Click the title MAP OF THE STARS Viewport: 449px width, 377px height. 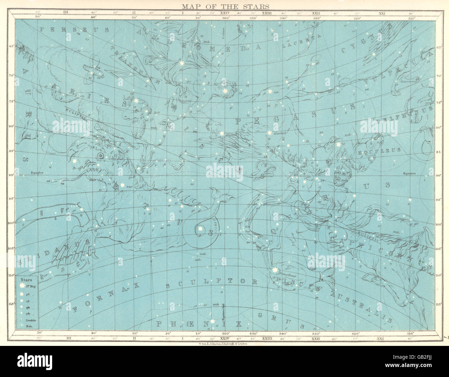[224, 6]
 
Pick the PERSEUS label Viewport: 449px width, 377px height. [69, 30]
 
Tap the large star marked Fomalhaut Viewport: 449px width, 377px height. [275, 270]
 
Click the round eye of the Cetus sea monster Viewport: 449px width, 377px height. [101, 156]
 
